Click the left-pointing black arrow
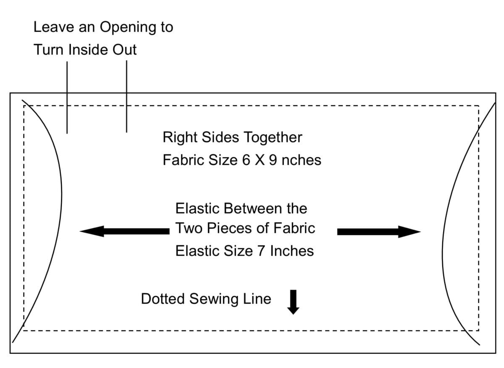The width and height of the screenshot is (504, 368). click(x=124, y=231)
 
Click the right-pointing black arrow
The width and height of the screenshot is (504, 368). click(x=378, y=231)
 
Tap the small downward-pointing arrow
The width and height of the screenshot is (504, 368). click(x=293, y=302)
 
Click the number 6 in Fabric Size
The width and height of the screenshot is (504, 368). click(x=246, y=160)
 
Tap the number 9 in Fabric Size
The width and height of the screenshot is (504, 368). click(x=273, y=160)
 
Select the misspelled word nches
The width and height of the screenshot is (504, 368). click(x=302, y=160)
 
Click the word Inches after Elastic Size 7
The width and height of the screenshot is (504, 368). click(x=292, y=251)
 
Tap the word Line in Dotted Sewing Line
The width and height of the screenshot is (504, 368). click(x=258, y=299)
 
